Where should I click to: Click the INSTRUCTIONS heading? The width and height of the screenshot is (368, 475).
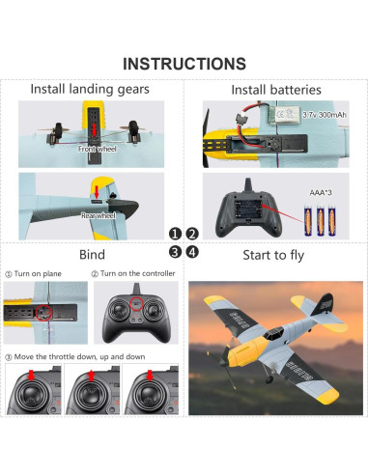tap(184, 64)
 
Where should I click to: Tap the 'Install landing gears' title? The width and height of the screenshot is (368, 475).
tap(90, 89)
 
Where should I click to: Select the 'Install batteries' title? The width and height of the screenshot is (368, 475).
tap(276, 90)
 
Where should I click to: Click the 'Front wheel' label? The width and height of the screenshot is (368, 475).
tap(98, 149)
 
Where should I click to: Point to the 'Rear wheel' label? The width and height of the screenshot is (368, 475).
tap(99, 215)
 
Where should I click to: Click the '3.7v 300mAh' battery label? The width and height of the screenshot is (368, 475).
tap(325, 115)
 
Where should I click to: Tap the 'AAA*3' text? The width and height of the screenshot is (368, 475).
tap(321, 193)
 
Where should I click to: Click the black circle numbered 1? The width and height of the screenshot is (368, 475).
tap(175, 234)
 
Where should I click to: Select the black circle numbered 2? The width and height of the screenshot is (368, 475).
tap(192, 234)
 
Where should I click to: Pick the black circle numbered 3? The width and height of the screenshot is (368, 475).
tap(175, 252)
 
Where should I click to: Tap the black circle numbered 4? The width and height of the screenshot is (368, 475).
tap(192, 252)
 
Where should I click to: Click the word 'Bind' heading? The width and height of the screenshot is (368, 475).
tap(92, 255)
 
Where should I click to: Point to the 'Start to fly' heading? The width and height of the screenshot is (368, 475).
tap(273, 255)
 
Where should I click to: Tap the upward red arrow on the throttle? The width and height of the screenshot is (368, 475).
tap(91, 376)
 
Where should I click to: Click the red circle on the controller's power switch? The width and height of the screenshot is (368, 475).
tap(136, 303)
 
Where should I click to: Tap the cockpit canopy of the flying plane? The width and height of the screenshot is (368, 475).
tap(273, 333)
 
